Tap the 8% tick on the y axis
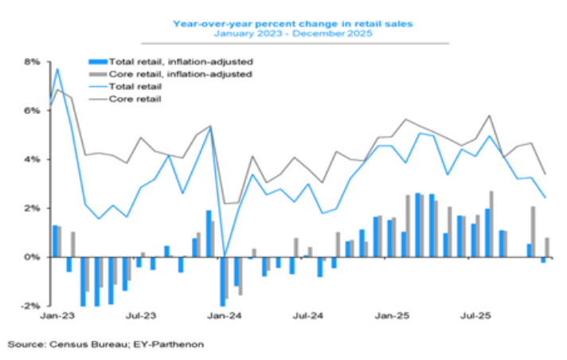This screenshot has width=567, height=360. click(x=32, y=61)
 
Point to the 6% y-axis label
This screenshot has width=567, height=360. click(x=32, y=110)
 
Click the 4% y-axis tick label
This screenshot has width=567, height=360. click(x=32, y=159)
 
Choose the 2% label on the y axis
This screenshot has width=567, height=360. click(x=32, y=208)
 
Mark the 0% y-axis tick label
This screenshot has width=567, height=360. click(x=32, y=257)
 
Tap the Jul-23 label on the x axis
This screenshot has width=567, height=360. click(x=139, y=316)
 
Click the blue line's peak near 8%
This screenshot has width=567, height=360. click(x=57, y=68)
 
